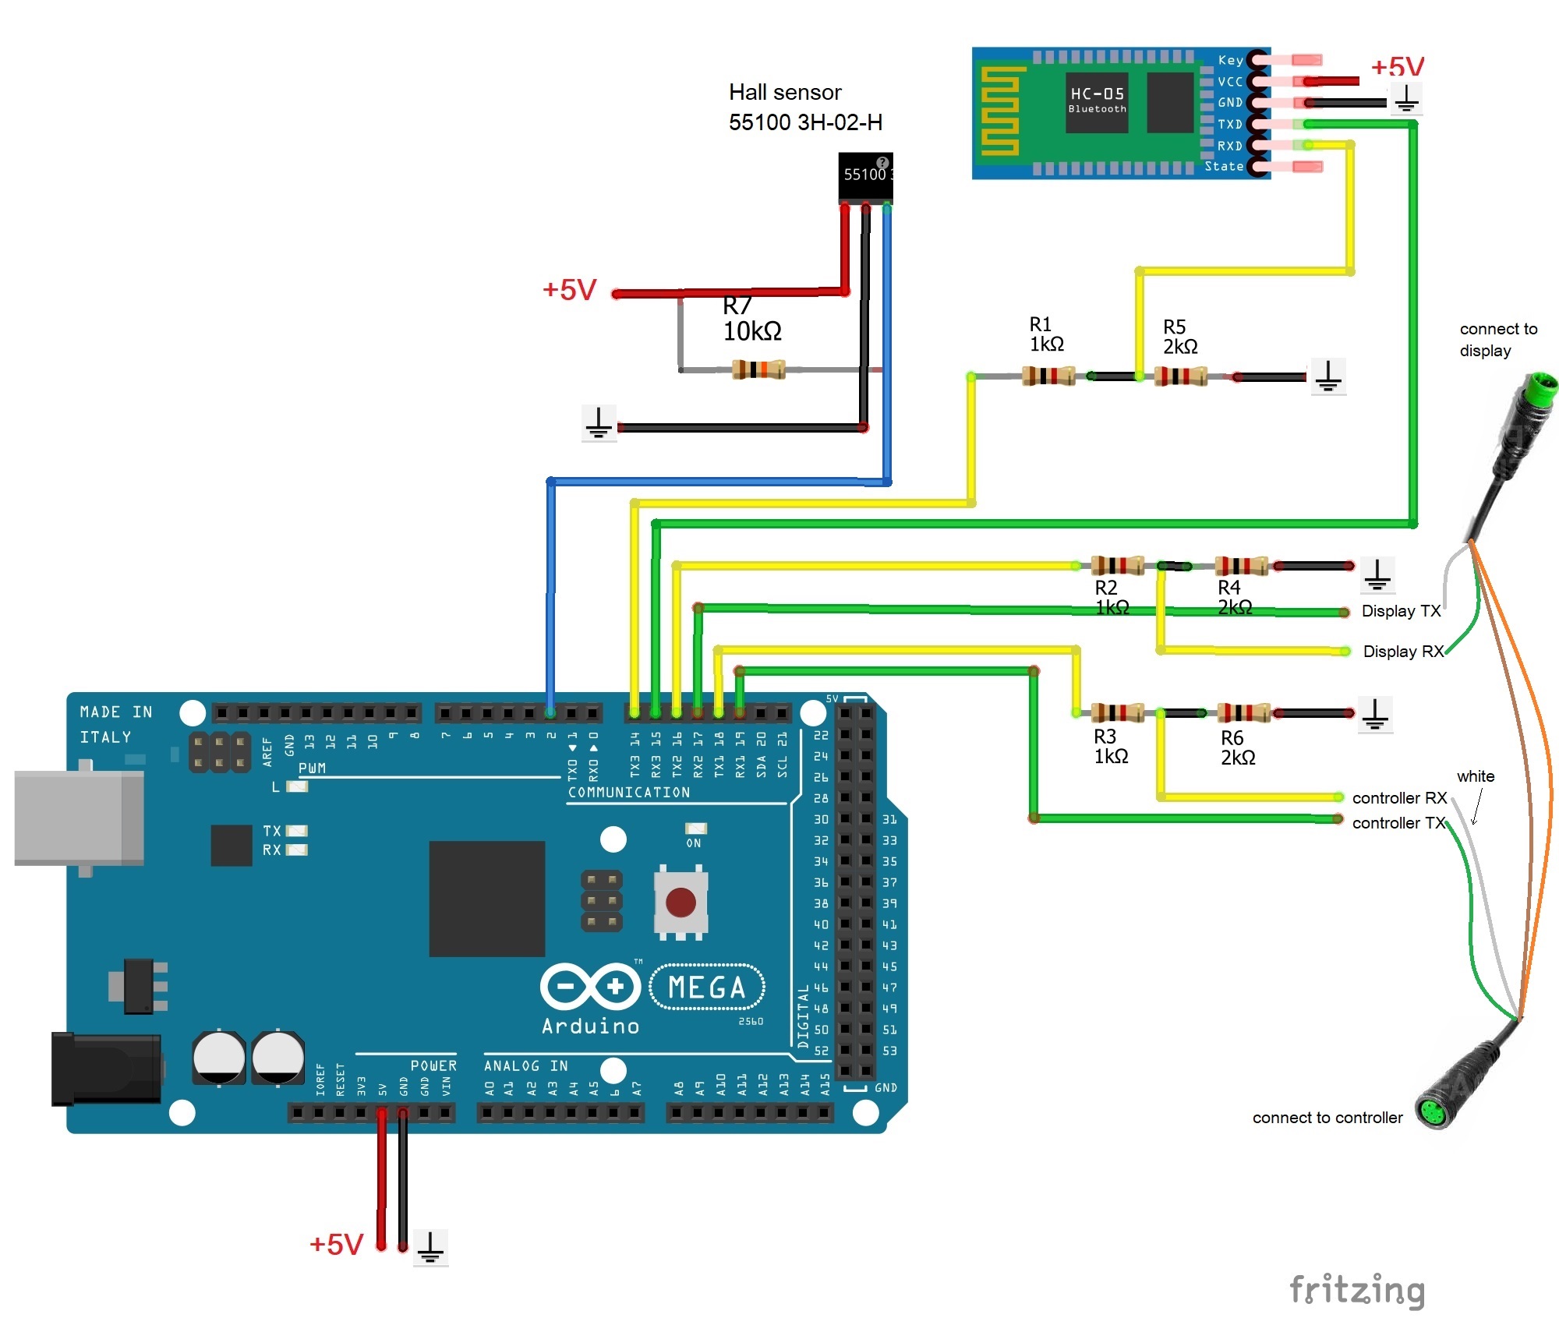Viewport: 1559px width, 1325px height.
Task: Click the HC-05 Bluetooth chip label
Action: tap(1097, 100)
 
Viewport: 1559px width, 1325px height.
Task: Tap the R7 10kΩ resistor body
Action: tap(758, 369)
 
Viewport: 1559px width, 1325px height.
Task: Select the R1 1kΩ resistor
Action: tap(1048, 376)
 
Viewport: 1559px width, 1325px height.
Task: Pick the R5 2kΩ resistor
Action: tap(1180, 377)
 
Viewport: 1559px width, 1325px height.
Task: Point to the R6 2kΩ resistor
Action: tap(1243, 712)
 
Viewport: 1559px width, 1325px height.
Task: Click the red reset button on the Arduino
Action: tap(681, 902)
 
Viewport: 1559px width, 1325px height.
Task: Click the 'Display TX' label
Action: tap(1401, 611)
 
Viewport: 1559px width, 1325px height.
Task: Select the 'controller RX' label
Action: tap(1399, 798)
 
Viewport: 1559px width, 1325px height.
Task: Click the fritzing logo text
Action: tap(1357, 1290)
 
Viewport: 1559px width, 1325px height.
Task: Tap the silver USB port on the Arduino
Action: tap(78, 818)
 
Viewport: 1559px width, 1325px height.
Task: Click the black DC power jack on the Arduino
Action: tap(106, 1069)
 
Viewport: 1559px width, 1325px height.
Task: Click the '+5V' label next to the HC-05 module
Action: tap(1397, 66)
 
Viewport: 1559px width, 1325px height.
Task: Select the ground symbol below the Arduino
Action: tap(430, 1247)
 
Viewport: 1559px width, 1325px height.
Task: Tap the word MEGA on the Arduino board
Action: tap(707, 988)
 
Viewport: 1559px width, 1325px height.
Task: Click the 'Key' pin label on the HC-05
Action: tap(1230, 60)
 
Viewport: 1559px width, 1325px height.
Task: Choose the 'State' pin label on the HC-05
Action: tap(1224, 166)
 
